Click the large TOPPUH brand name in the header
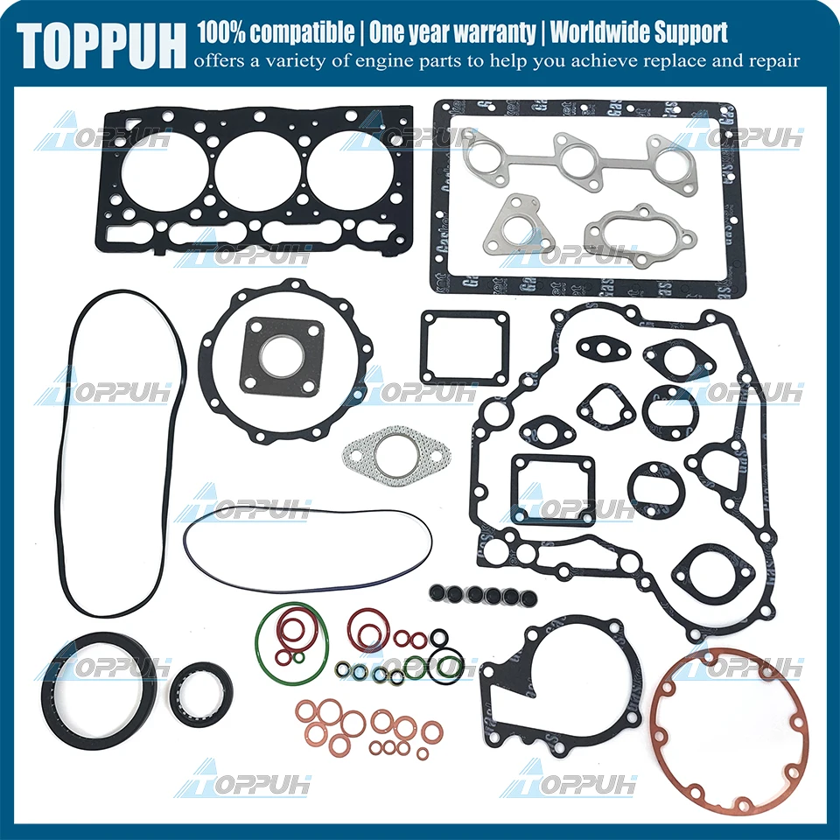pyautogui.click(x=101, y=44)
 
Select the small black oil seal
pyautogui.click(x=201, y=695)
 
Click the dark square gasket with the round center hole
pyautogui.click(x=282, y=356)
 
